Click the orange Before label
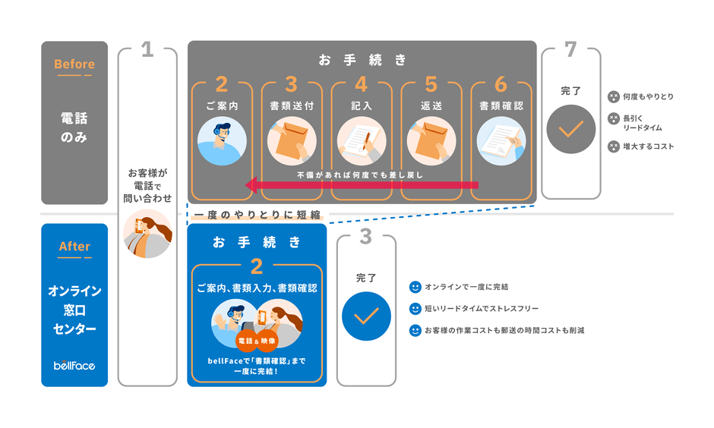pos(74,65)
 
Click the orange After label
pos(74,247)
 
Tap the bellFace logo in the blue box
pos(74,365)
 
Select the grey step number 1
pos(147,50)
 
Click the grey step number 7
pos(570,50)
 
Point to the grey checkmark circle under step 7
pos(570,129)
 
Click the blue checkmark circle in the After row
pos(366,316)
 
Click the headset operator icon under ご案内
pos(222,143)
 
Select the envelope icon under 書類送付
pos(292,143)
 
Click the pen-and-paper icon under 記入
pos(362,143)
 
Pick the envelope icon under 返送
pos(431,143)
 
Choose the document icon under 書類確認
pos(501,143)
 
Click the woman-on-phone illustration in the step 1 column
pos(147,233)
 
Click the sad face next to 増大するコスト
pos(613,146)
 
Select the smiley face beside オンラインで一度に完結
pos(415,288)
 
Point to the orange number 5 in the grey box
pos(431,83)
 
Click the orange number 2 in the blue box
pos(257,266)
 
